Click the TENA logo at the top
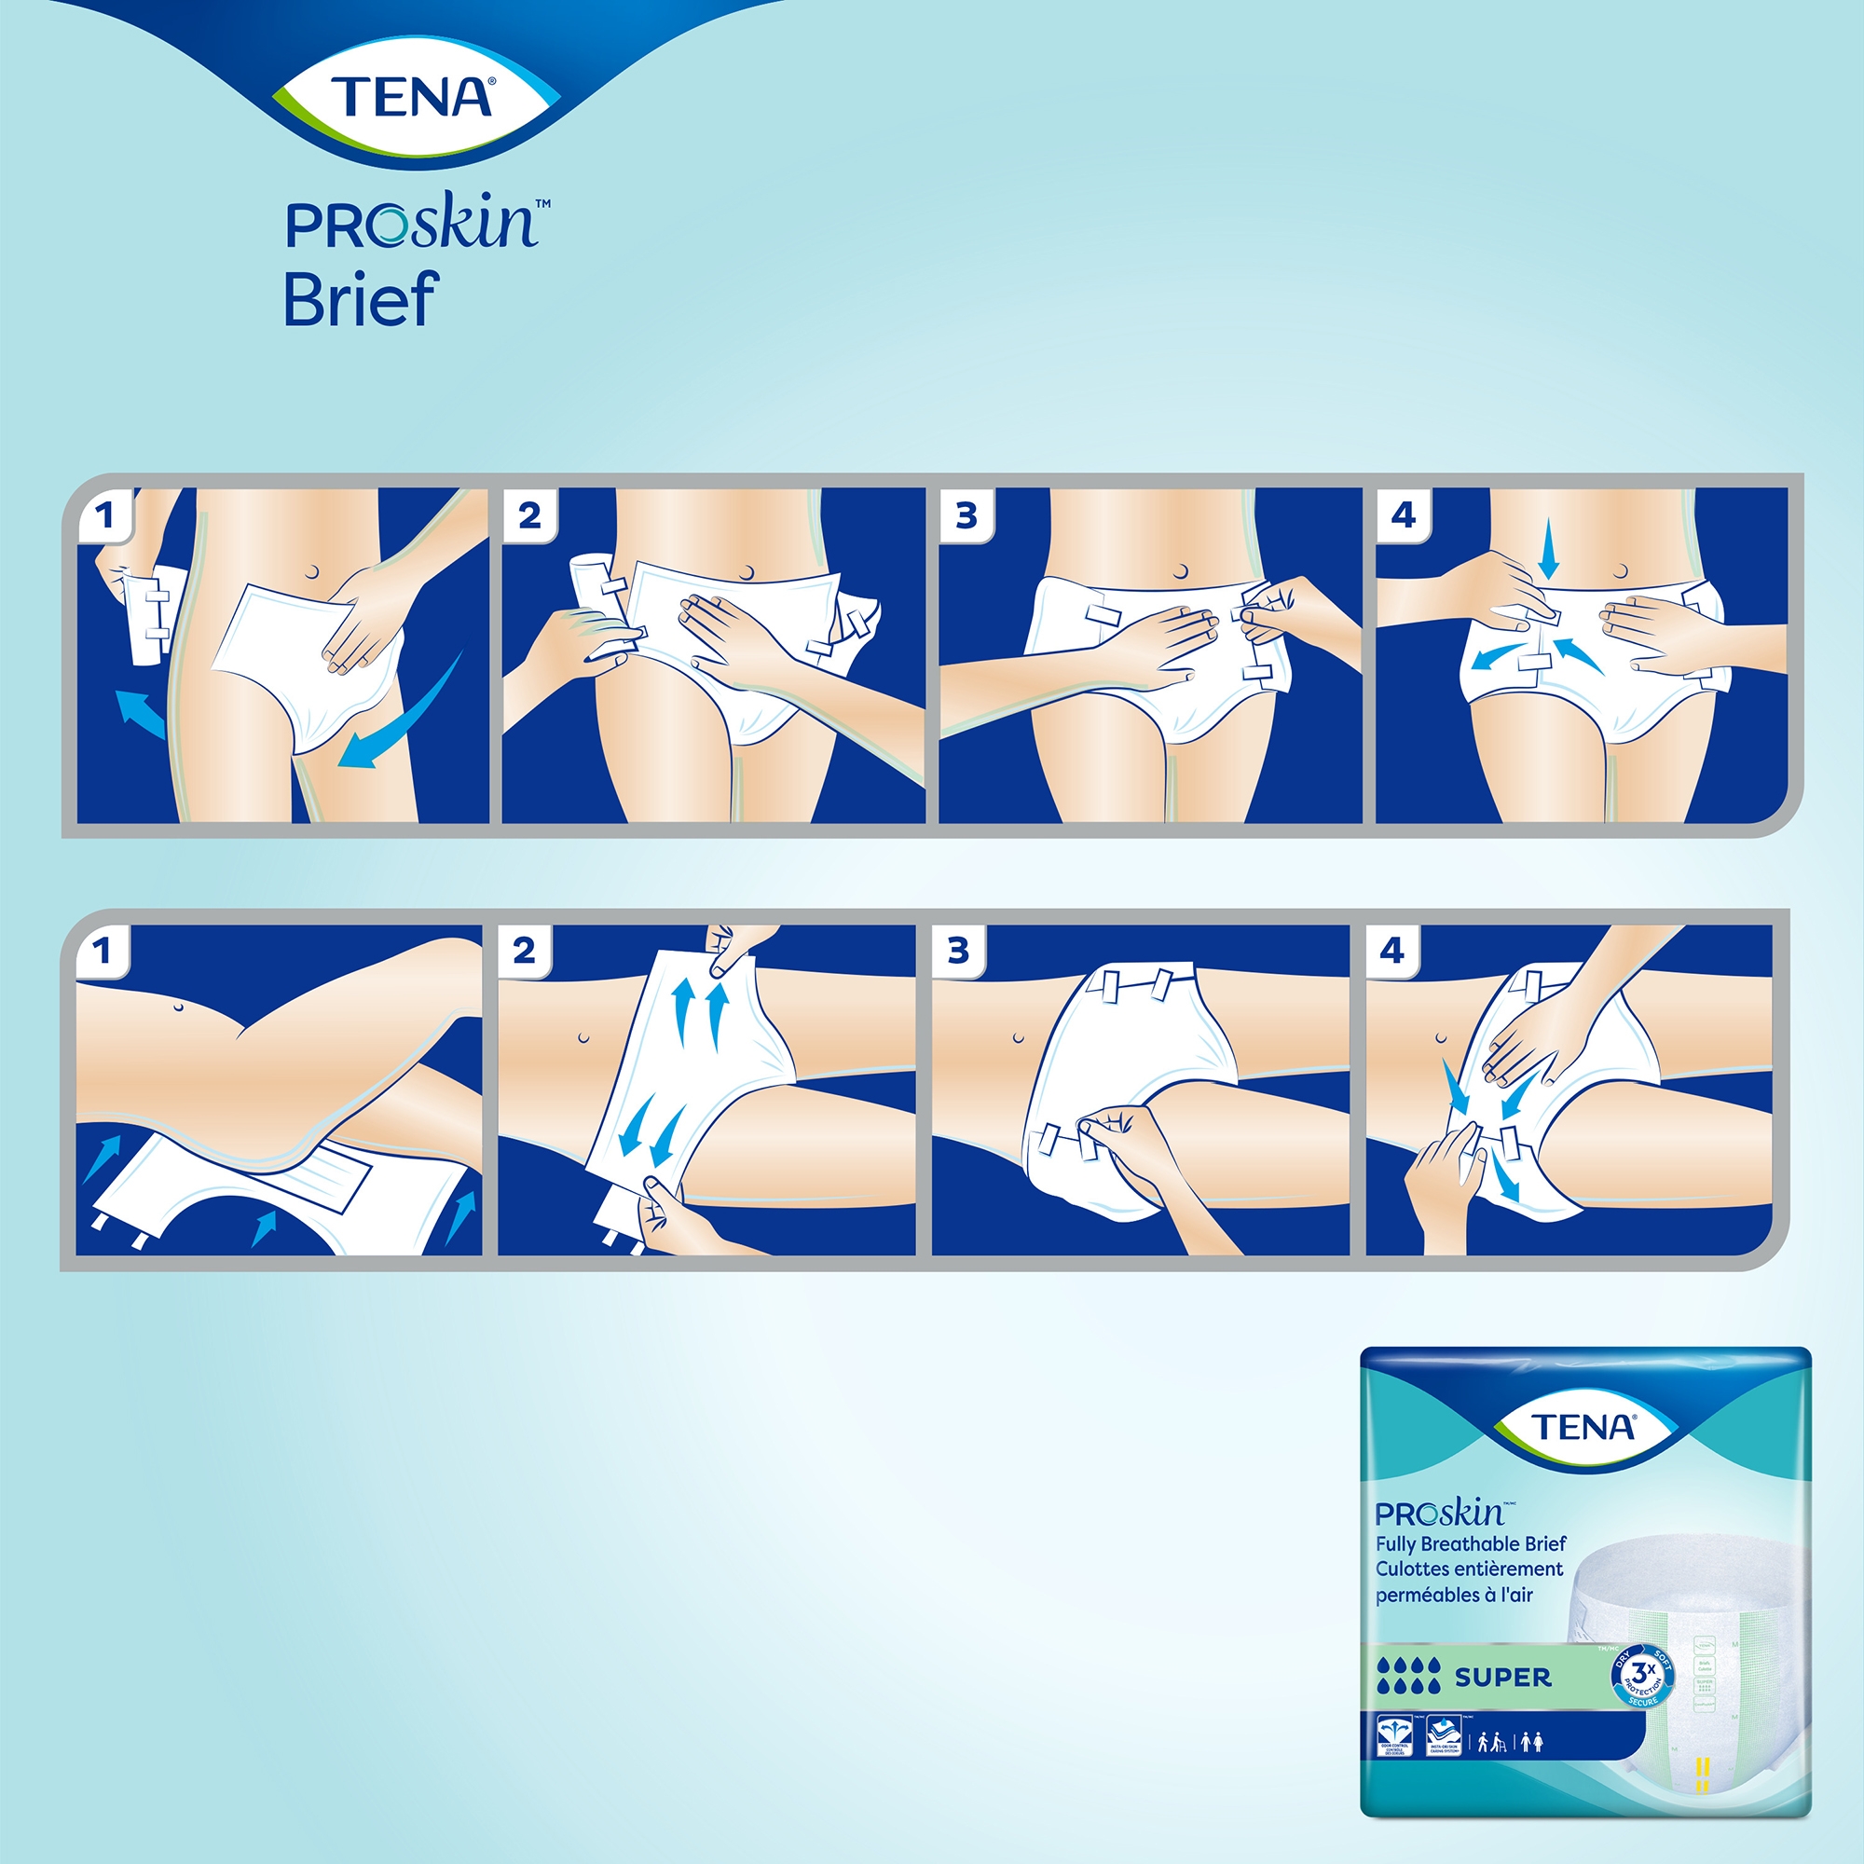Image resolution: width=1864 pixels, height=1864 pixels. point(412,98)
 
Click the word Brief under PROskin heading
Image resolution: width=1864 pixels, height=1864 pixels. point(361,300)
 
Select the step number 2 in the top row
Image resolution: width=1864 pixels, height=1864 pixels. point(529,516)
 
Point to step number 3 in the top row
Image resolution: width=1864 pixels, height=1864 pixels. point(966,516)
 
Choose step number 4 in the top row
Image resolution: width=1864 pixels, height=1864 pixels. point(1403,515)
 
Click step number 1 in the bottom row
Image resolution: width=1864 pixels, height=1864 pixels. point(103,952)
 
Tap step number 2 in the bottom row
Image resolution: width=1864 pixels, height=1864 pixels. point(524,952)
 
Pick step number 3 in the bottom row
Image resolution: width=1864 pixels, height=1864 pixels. point(958,952)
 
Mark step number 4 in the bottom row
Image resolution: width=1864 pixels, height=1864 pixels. point(1391,952)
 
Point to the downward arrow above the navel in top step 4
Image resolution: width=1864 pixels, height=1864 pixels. point(1548,547)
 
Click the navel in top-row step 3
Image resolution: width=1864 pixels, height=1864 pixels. point(1181,573)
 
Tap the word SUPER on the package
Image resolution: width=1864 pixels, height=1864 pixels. point(1503,1678)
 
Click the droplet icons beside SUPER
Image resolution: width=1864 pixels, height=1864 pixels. point(1409,1677)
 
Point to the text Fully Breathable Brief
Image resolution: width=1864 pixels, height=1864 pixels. point(1471,1544)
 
